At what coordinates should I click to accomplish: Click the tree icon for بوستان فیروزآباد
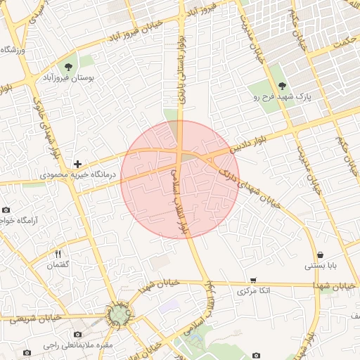point(69,67)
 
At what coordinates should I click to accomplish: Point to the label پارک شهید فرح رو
point(282,96)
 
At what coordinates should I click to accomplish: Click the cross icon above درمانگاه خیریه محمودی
point(77,163)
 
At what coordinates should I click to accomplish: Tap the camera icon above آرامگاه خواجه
point(6,210)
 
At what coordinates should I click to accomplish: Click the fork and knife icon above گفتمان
point(58,254)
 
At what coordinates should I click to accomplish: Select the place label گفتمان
point(58,265)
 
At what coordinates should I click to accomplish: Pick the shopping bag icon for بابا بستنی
point(321,255)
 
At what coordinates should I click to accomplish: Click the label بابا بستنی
point(321,266)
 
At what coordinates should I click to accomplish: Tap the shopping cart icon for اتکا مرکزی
point(253,280)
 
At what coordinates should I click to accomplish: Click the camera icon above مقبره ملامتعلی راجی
point(77,334)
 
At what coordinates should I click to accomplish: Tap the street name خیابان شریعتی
point(28,318)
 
